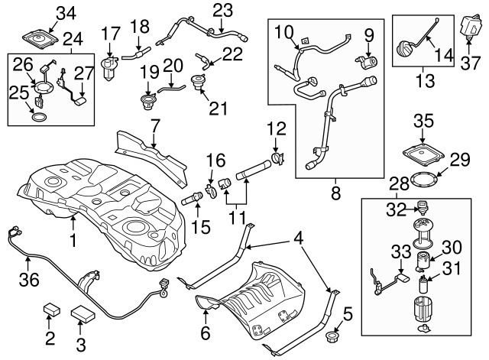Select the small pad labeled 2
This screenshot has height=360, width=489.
(52, 309)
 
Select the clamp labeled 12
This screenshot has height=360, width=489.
(277, 158)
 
